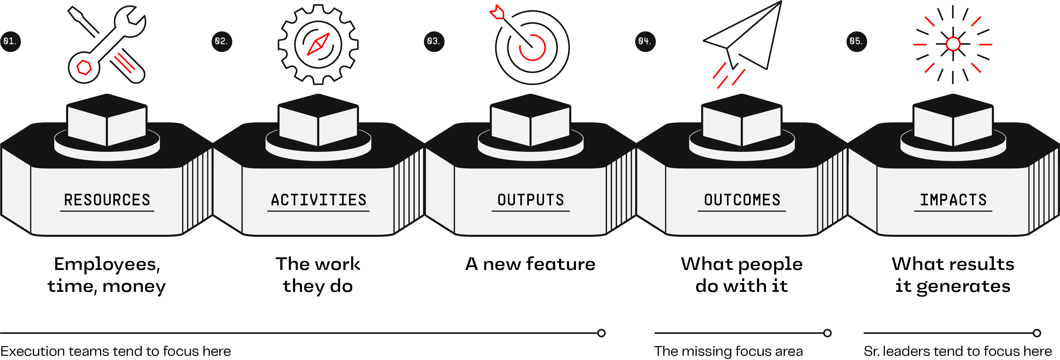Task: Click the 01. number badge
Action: (10, 41)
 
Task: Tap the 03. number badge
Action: (434, 41)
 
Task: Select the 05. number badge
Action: (856, 41)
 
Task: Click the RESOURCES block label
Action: (107, 200)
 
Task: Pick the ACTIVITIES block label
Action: (318, 200)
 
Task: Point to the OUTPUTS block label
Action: (530, 200)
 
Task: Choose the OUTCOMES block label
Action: (742, 200)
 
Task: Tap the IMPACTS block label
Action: (953, 200)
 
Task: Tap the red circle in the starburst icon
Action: (953, 44)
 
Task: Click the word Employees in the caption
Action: (106, 264)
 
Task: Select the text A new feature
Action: (530, 264)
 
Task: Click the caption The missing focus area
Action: (728, 351)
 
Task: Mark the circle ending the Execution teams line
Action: (601, 333)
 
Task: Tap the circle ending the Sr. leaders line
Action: (1037, 333)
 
